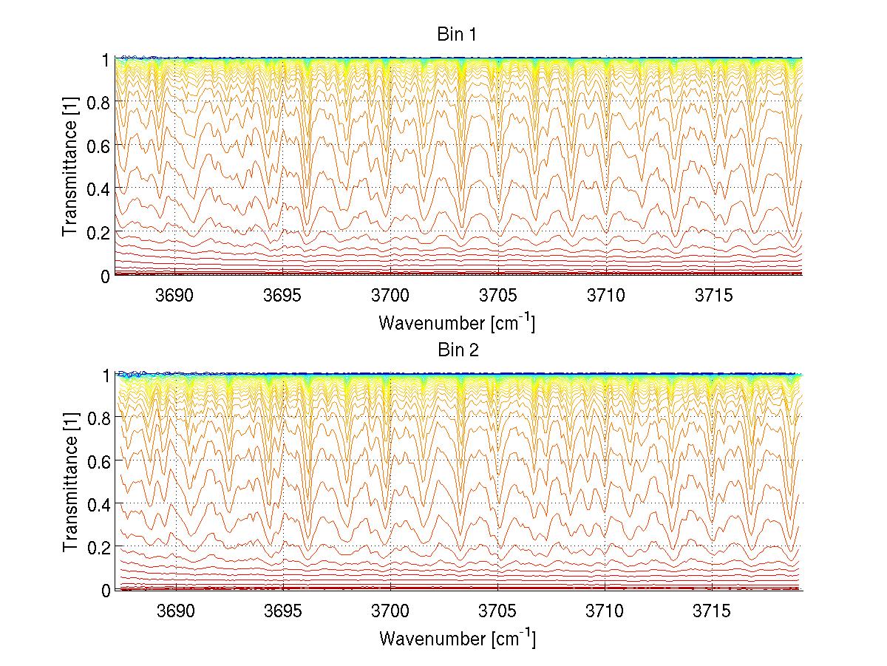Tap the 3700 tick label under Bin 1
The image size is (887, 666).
point(390,296)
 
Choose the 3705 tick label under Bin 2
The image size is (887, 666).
point(498,611)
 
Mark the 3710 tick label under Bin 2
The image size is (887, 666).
point(605,611)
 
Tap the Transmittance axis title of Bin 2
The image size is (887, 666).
point(71,483)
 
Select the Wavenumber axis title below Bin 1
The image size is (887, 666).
point(457,322)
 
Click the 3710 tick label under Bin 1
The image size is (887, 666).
point(605,296)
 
